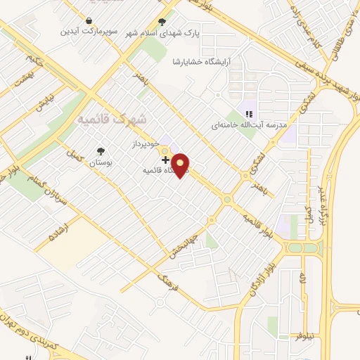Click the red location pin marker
[x=181, y=165]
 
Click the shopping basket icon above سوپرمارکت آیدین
[x=89, y=20]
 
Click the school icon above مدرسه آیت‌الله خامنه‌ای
[x=247, y=114]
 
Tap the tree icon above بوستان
[x=102, y=150]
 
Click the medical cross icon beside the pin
[x=165, y=160]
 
